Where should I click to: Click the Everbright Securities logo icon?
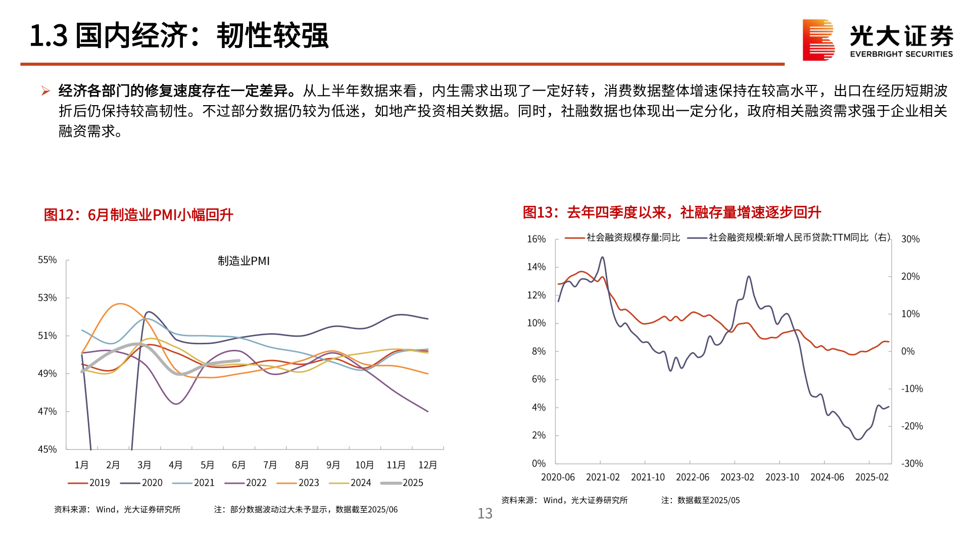pyautogui.click(x=818, y=40)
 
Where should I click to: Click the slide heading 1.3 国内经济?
pyautogui.click(x=179, y=36)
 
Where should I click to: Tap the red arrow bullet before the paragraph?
pyautogui.click(x=45, y=91)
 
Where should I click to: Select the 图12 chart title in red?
pyautogui.click(x=138, y=215)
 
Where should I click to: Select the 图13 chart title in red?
pyautogui.click(x=671, y=212)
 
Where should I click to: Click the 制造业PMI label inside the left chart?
pyautogui.click(x=244, y=261)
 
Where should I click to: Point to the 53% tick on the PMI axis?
pyautogui.click(x=47, y=298)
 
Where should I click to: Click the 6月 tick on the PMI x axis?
pyautogui.click(x=238, y=465)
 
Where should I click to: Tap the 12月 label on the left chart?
pyautogui.click(x=427, y=465)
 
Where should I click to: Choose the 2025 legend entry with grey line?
pyautogui.click(x=403, y=483)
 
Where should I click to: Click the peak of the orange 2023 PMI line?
pyautogui.click(x=120, y=304)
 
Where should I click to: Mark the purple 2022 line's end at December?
pyautogui.click(x=428, y=412)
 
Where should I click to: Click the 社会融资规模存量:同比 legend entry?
pyautogui.click(x=623, y=238)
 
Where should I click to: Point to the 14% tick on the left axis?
pyautogui.click(x=536, y=267)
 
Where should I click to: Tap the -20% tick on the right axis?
pyautogui.click(x=912, y=426)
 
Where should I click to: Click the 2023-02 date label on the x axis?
pyautogui.click(x=737, y=477)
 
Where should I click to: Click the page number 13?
pyautogui.click(x=485, y=514)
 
